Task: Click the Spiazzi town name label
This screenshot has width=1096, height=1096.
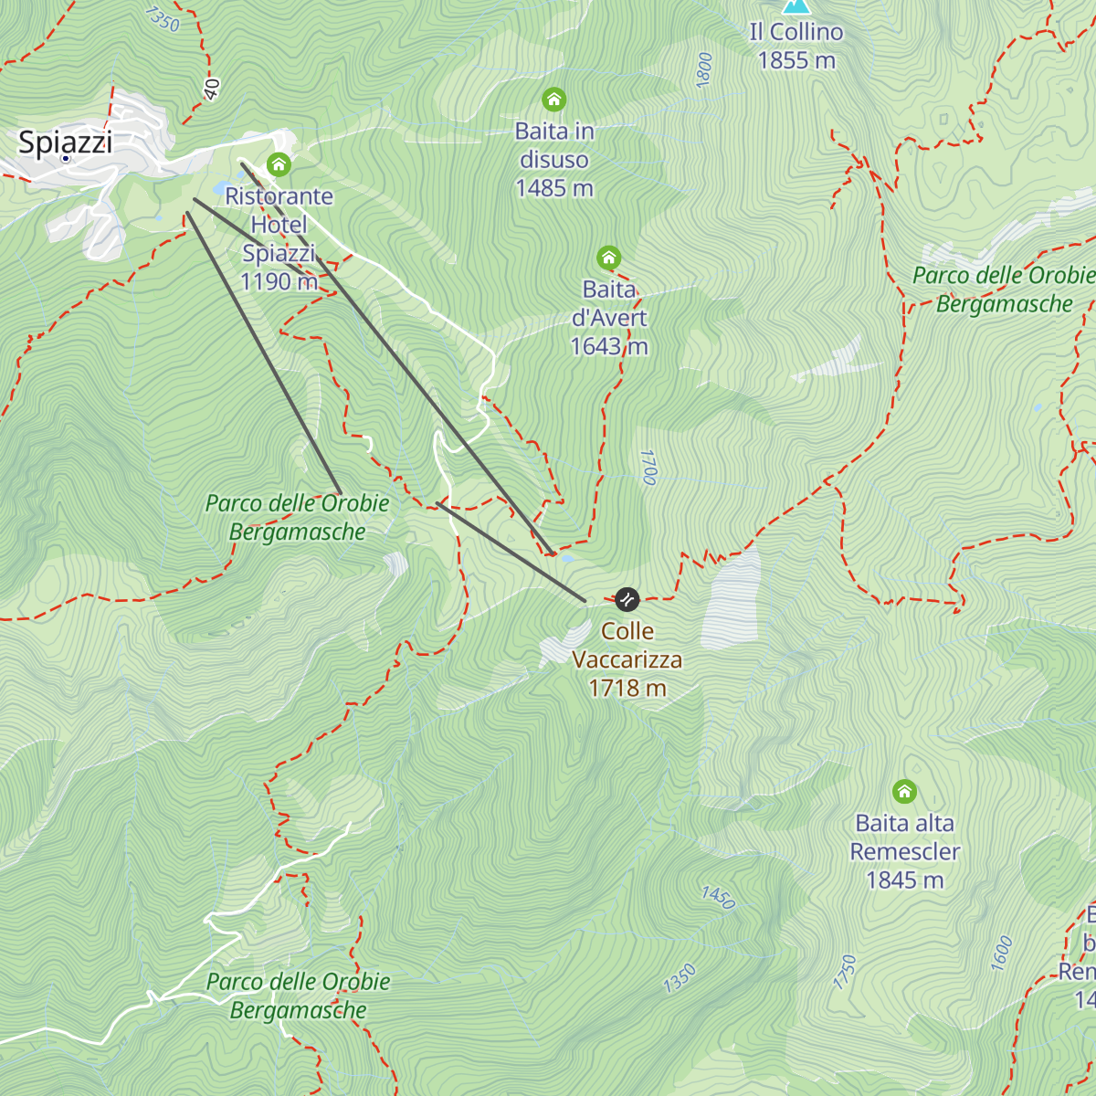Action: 66,142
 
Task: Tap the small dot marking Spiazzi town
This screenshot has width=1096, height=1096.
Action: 66,159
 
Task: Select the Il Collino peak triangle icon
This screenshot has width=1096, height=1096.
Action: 796,5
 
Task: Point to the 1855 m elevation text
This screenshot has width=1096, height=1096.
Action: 796,60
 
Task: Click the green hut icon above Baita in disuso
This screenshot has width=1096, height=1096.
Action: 553,100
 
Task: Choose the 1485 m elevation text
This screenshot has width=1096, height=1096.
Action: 554,188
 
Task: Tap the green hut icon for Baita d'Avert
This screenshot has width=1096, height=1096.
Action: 608,258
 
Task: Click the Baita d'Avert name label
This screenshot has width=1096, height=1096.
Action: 609,303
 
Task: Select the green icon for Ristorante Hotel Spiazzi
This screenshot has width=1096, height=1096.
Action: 279,164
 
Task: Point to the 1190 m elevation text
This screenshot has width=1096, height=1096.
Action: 279,281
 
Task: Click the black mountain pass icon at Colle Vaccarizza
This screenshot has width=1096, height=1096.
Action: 627,599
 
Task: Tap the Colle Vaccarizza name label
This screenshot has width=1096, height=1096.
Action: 627,645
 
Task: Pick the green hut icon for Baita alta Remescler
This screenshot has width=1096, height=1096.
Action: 904,791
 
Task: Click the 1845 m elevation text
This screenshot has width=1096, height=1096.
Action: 904,880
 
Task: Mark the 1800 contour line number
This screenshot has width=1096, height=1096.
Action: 704,70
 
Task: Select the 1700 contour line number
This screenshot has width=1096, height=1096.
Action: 648,467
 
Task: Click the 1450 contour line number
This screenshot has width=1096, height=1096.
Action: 718,897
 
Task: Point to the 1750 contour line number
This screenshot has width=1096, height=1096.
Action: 845,973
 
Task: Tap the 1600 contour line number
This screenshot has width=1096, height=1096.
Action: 1002,954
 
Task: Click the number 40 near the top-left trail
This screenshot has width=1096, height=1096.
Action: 212,89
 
